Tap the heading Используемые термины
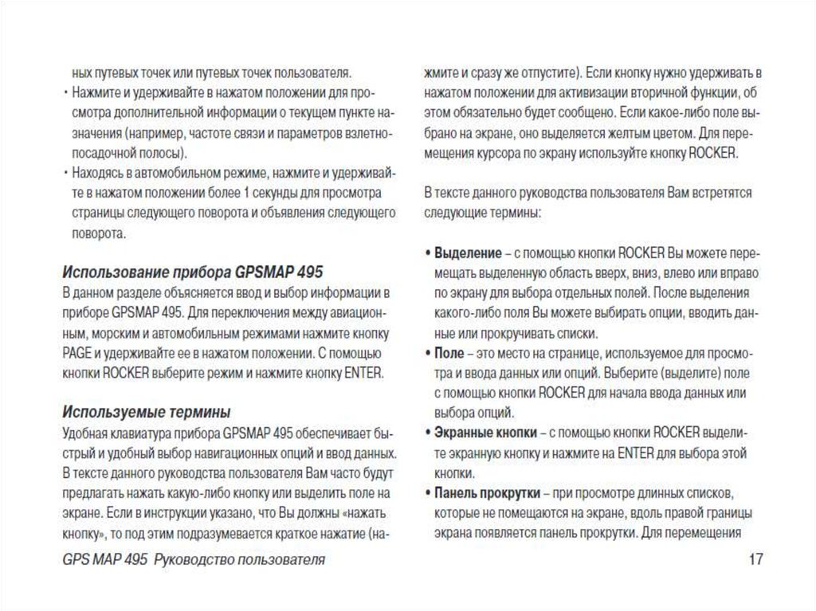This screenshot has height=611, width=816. coord(147,412)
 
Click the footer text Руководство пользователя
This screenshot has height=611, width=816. coord(239,559)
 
